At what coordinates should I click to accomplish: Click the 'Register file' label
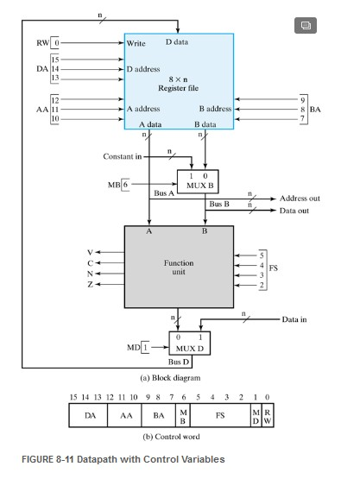(179, 87)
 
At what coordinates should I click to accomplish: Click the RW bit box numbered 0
(57, 41)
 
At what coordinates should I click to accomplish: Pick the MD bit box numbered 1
(146, 347)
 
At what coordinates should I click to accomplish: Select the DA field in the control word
(91, 415)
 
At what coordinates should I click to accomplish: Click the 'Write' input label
(136, 41)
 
